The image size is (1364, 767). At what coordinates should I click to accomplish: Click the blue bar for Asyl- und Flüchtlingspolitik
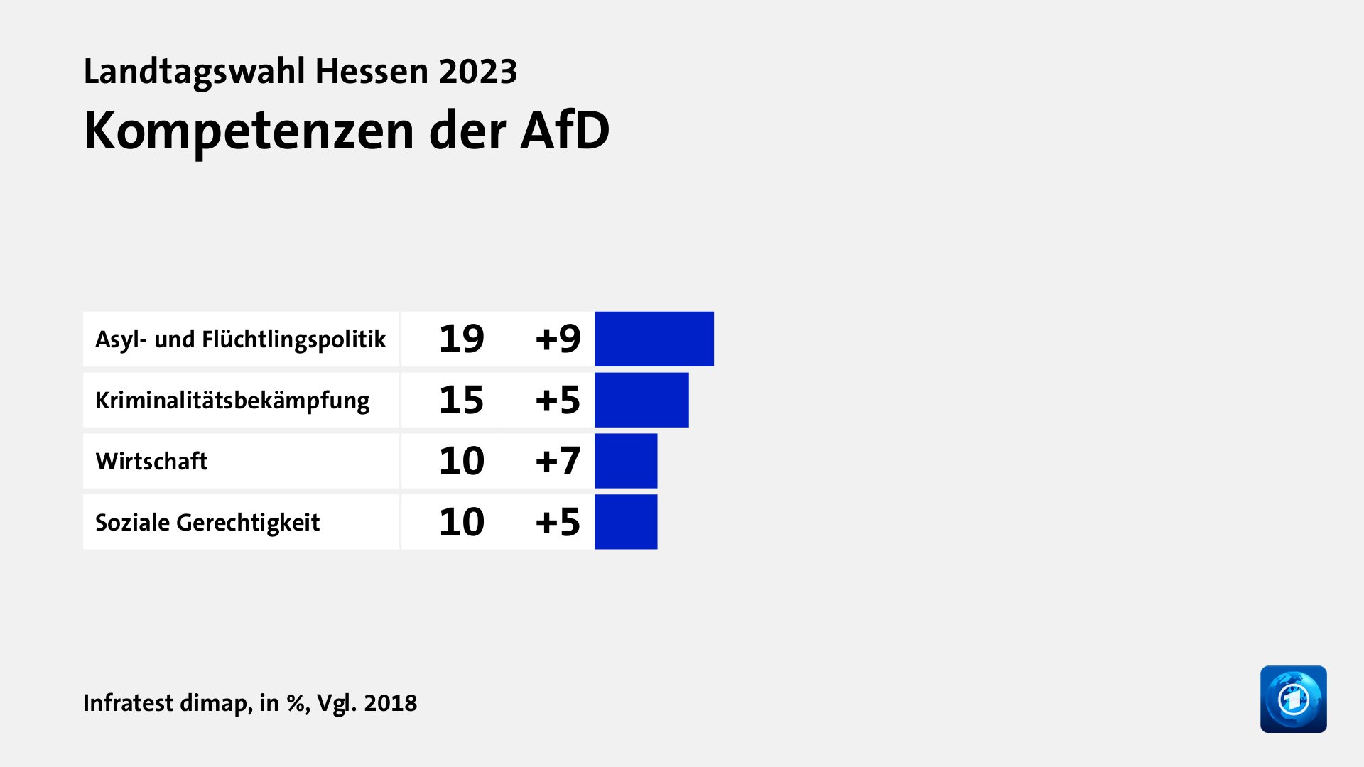[654, 339]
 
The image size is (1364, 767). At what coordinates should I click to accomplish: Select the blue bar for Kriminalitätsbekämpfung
[641, 400]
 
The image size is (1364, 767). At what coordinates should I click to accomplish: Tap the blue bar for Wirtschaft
[625, 461]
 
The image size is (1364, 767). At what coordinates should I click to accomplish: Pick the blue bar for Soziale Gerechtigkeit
[625, 522]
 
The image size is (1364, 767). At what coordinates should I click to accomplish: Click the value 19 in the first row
[461, 339]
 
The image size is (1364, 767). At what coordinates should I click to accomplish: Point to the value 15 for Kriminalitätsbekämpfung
[461, 400]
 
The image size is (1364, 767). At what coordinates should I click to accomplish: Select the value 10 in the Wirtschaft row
[461, 461]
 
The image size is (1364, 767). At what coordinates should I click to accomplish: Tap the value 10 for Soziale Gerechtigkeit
[461, 522]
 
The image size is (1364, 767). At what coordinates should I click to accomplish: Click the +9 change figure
[558, 339]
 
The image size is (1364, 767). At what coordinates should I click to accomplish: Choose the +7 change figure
[558, 461]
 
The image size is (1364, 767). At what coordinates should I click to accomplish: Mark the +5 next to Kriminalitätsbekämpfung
[558, 400]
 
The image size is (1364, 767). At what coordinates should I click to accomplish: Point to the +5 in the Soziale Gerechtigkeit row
[558, 522]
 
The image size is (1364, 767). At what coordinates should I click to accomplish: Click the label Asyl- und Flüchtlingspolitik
[240, 339]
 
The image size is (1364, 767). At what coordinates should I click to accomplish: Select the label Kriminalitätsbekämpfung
[232, 401]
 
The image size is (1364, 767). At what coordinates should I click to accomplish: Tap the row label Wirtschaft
[151, 462]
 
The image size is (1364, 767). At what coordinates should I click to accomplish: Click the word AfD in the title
[564, 131]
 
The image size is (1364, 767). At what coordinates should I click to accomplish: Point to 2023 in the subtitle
[477, 72]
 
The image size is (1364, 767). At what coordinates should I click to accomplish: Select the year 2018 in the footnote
[390, 703]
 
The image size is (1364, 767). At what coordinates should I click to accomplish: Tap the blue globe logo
[1293, 699]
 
